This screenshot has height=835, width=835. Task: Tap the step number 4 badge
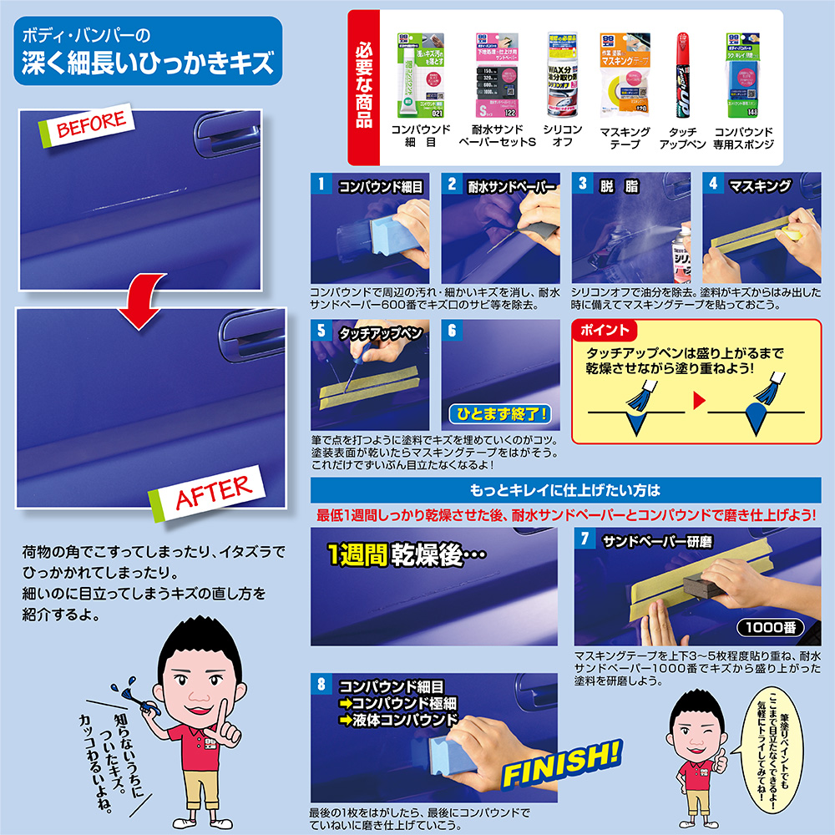pyautogui.click(x=713, y=184)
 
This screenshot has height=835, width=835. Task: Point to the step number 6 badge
pyautogui.click(x=453, y=330)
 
